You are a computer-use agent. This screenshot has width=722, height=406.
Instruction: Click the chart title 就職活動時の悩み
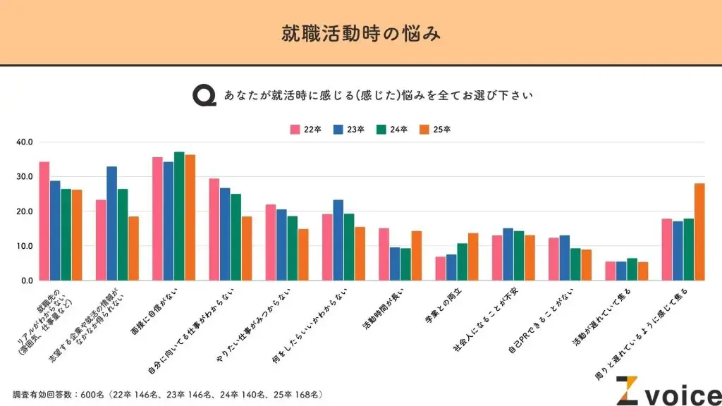click(x=360, y=33)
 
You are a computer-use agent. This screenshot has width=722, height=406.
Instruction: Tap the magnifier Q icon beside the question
click(x=204, y=95)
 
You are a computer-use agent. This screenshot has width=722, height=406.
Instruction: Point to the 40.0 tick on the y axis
click(x=25, y=142)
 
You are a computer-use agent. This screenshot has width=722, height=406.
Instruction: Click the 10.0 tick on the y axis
click(x=25, y=246)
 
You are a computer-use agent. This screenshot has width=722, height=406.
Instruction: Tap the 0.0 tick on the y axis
click(x=26, y=281)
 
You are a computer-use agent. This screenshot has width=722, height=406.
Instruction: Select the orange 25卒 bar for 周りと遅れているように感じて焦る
click(x=699, y=232)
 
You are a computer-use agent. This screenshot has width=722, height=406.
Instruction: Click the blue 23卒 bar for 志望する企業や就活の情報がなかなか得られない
click(x=111, y=223)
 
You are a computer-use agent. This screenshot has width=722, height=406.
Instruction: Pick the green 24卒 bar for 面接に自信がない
click(x=179, y=216)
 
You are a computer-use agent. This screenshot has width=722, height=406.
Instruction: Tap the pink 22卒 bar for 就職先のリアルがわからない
click(x=44, y=221)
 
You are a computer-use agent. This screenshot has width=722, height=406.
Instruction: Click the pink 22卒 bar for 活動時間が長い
click(x=384, y=254)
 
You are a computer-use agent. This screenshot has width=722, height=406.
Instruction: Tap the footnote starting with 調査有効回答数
click(x=168, y=393)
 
